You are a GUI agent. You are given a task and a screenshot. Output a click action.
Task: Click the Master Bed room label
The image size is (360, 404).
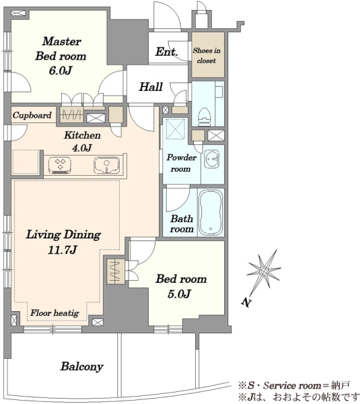(61, 48)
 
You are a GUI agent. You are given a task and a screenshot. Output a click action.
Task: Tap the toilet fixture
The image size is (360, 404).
(205, 116)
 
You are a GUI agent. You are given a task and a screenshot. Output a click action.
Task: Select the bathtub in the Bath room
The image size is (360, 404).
(211, 213)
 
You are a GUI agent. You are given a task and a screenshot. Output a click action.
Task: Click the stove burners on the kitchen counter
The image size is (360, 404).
(60, 165)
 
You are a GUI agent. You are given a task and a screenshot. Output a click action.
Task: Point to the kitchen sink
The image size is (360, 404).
(106, 165)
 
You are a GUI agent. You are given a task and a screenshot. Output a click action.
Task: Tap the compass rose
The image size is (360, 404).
(263, 271)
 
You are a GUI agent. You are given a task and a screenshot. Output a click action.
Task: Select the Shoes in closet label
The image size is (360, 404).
(207, 55)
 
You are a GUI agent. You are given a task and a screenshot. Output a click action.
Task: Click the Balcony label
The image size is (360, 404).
(82, 366)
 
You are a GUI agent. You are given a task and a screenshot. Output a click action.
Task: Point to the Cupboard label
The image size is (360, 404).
(32, 115)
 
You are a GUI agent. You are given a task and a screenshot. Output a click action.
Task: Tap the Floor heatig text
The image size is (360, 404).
(55, 313)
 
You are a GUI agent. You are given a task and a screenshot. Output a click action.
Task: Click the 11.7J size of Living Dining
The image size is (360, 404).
(63, 249)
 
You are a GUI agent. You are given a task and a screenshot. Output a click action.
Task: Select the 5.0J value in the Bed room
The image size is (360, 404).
(179, 294)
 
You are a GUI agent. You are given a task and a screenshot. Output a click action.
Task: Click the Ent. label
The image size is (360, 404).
(167, 52)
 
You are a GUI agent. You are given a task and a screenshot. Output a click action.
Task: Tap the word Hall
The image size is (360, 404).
(151, 87)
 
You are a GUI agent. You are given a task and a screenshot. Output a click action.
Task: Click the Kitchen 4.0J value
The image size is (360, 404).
(81, 148)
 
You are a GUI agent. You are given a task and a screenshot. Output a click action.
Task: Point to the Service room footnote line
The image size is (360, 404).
(294, 385)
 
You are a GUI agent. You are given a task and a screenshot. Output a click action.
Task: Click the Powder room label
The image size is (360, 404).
(181, 163)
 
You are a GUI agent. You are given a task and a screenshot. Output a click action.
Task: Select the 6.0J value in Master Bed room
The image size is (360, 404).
(61, 70)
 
